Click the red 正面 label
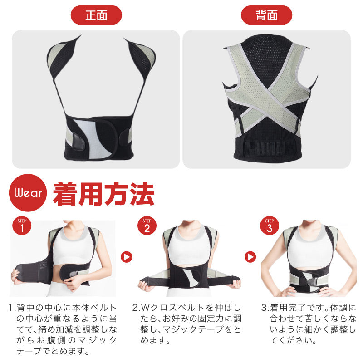(x=96, y=15)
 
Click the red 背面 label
(x=266, y=15)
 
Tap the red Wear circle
(x=28, y=192)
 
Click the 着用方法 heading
(x=103, y=194)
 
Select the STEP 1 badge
(x=22, y=226)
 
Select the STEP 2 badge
(x=147, y=226)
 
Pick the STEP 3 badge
(x=270, y=226)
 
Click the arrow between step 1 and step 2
(x=127, y=257)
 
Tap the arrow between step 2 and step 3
(x=250, y=257)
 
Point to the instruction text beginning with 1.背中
(x=63, y=329)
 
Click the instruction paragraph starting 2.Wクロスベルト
(x=186, y=324)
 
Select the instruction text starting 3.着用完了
(x=309, y=324)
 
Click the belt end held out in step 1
(x=25, y=274)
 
